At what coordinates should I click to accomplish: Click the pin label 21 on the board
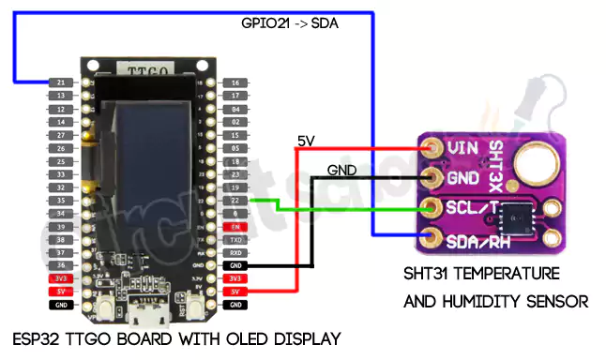[x=60, y=83]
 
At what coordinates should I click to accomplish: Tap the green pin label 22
[x=235, y=201]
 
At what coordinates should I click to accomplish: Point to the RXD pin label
[x=235, y=253]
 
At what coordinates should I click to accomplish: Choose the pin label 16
[x=235, y=83]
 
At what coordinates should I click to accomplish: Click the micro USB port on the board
[x=148, y=306]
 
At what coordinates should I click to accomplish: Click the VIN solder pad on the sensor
[x=432, y=148]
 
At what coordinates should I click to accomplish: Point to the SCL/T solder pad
[x=432, y=207]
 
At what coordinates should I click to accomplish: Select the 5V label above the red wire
[x=306, y=141]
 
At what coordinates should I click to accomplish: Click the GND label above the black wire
[x=341, y=171]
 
